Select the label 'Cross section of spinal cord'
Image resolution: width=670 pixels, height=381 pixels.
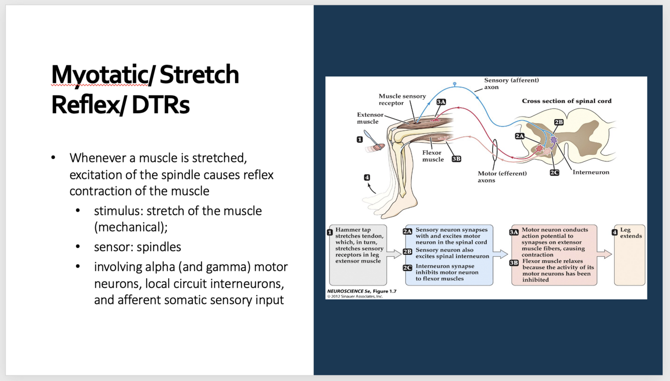click(567, 101)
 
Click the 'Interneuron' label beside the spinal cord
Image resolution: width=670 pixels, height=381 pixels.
click(591, 172)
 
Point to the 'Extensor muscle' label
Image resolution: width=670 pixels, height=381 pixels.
click(370, 118)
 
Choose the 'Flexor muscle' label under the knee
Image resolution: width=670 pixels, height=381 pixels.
click(432, 156)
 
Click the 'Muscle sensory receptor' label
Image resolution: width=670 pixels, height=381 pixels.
click(402, 100)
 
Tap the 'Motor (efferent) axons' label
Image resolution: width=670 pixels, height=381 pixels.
click(502, 177)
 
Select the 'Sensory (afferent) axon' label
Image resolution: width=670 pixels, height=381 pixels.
click(511, 83)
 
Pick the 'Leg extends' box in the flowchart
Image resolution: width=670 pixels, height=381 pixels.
click(629, 255)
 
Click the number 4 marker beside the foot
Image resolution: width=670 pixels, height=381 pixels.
click(367, 177)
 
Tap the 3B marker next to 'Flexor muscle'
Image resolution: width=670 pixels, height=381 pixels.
click(456, 159)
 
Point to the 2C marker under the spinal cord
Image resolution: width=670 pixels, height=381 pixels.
click(554, 172)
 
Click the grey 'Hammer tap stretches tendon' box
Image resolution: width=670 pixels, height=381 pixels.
click(358, 255)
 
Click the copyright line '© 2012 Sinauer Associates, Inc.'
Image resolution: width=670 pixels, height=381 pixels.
click(355, 297)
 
